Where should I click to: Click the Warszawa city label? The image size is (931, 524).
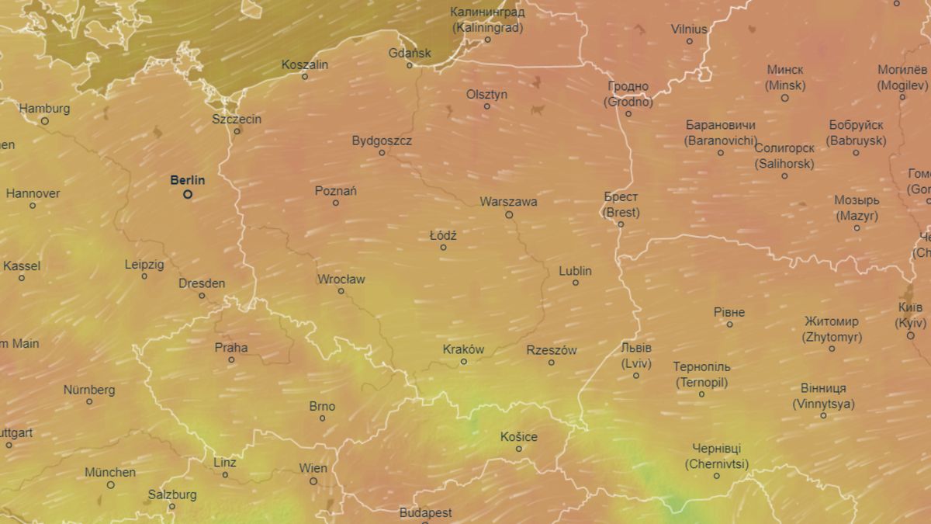click(x=508, y=202)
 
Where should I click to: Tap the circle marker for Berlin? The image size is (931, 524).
click(x=188, y=195)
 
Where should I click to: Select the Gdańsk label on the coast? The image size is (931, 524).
click(x=410, y=54)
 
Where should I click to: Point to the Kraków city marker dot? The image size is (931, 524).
click(x=464, y=362)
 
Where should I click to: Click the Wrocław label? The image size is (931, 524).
click(x=341, y=279)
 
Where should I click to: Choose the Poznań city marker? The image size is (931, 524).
click(x=336, y=203)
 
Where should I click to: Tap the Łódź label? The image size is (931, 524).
click(x=443, y=235)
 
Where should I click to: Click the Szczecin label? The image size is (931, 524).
click(x=237, y=120)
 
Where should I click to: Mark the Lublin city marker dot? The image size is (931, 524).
click(x=576, y=283)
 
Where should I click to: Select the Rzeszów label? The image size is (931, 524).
click(x=551, y=350)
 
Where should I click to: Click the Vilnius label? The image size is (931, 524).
click(x=689, y=29)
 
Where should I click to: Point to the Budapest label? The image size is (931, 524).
click(x=425, y=512)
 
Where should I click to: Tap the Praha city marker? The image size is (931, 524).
click(x=231, y=360)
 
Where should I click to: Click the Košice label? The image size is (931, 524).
click(x=518, y=436)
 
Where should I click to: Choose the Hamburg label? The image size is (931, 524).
click(x=44, y=109)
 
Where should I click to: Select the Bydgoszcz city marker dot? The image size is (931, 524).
click(x=382, y=153)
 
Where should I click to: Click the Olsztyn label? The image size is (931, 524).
click(x=486, y=94)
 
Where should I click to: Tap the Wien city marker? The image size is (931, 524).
click(x=313, y=481)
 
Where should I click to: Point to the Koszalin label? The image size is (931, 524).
click(x=304, y=64)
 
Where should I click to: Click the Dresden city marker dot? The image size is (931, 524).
click(x=202, y=296)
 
